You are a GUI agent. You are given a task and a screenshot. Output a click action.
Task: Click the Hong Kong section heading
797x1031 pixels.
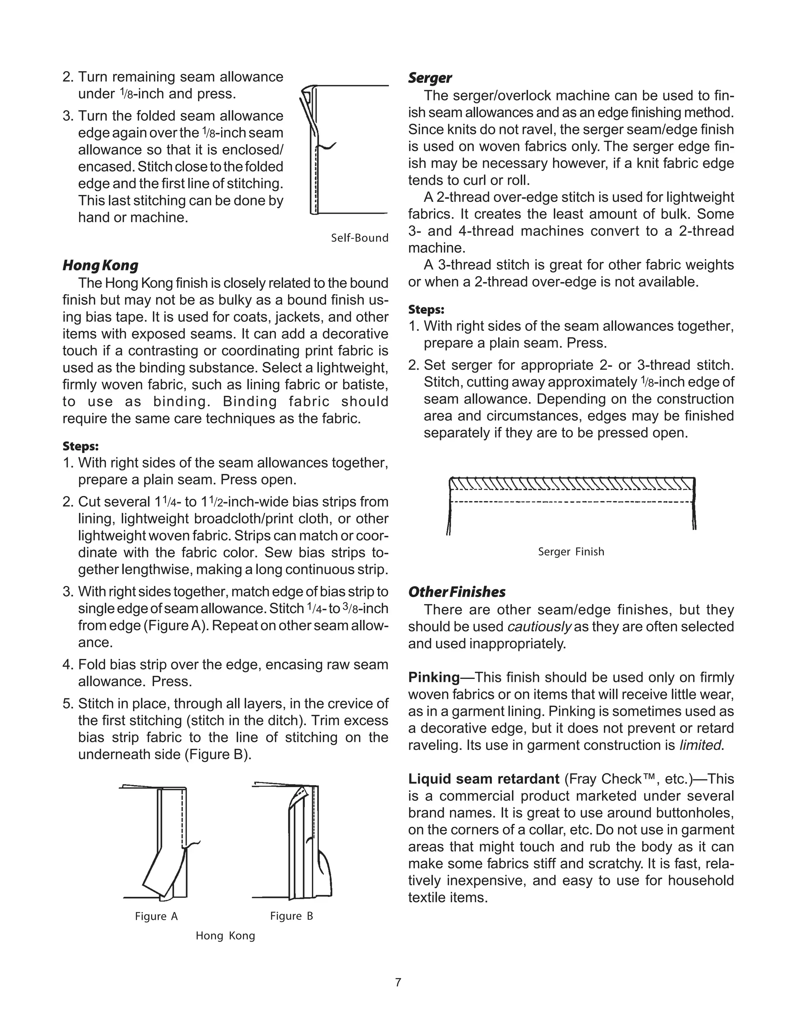tap(100, 265)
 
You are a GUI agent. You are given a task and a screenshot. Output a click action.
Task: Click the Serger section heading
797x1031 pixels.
tap(430, 78)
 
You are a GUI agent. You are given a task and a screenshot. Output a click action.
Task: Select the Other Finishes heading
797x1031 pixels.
tap(456, 592)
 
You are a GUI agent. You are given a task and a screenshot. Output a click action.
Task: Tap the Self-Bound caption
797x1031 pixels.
tap(359, 238)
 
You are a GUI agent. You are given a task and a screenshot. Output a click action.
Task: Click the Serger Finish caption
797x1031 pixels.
tap(571, 551)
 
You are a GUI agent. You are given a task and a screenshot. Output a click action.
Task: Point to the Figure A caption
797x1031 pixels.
tap(156, 916)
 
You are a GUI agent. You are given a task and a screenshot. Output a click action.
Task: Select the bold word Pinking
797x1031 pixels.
tap(434, 677)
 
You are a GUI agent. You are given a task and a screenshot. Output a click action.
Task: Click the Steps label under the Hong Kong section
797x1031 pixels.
tap(80, 446)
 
